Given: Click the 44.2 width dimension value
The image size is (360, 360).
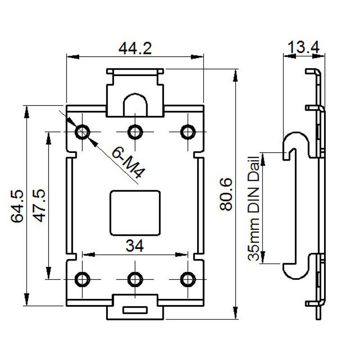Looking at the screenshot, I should coord(135,48).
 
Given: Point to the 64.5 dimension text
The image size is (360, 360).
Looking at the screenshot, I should coord(17,206).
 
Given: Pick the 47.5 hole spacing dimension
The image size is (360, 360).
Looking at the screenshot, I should coord(40,206).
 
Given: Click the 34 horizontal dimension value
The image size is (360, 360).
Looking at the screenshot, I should coord(135,246).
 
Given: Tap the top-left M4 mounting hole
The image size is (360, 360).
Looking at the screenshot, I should coord(82,131).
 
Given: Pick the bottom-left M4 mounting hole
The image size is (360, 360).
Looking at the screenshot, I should coord(82,279).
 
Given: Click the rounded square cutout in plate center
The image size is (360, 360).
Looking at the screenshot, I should coord(135,213).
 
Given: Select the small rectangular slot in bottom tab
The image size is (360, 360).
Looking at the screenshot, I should coord(135,310).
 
